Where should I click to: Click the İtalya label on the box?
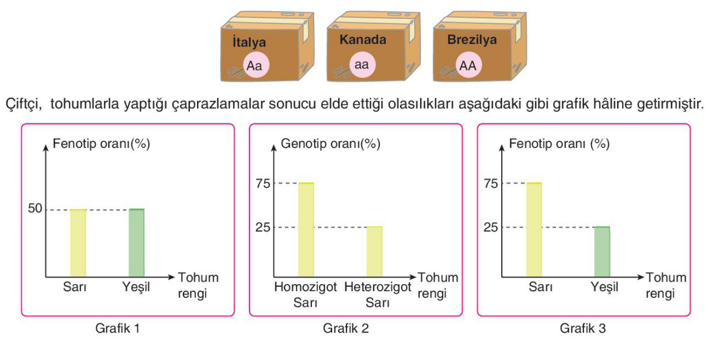pos(249,42)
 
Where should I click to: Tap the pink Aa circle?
pos(256,65)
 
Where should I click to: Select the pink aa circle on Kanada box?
pos(362,65)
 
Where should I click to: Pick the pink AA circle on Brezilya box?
pos(468,65)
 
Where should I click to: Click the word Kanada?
pos(363,39)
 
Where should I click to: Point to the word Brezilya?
pos(472,40)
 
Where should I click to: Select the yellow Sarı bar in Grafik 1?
pos(78,243)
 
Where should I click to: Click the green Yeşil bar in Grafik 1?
pos(137,243)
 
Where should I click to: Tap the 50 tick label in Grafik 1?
pos(35,209)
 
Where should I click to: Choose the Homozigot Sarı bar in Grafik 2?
pos(306,230)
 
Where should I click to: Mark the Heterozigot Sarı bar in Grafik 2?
pos(374,252)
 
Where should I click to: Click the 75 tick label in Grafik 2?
pos(263,184)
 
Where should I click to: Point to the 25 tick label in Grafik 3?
pos(491,227)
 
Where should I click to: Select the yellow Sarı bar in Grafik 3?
pos(534,230)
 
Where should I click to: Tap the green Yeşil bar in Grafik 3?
pos(602,252)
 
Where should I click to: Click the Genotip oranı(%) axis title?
pos(330,144)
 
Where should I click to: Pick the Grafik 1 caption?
pos(117,328)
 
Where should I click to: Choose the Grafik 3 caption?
pos(583,328)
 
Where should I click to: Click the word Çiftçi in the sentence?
pos(24,104)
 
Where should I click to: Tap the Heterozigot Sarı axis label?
pos(377,295)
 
